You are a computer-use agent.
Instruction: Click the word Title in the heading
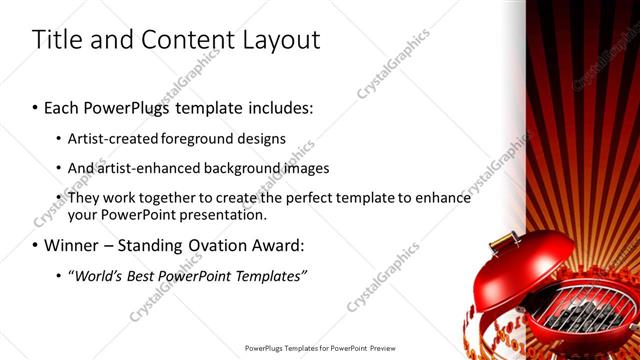pyautogui.click(x=55, y=40)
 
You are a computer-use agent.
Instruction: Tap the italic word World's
pyautogui.click(x=98, y=275)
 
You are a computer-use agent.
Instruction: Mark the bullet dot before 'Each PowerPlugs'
pyautogui.click(x=35, y=107)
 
